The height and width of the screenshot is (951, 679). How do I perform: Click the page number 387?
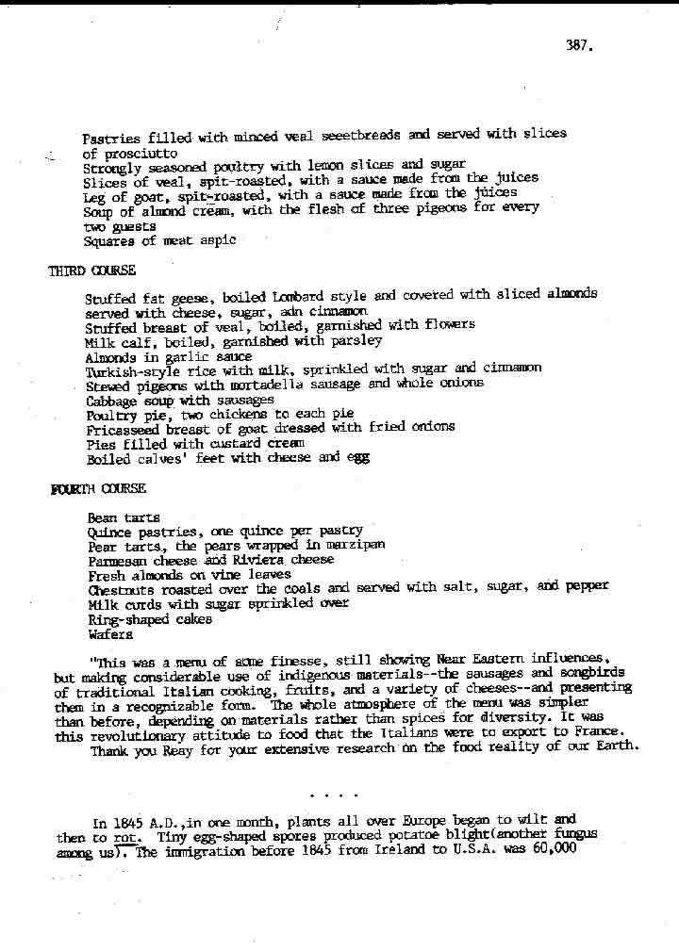579,44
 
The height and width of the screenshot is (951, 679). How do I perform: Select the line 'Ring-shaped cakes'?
149,619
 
